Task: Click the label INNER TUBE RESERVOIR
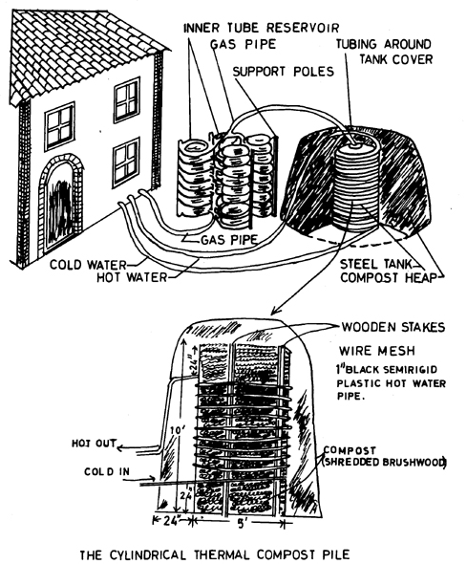pos(261,28)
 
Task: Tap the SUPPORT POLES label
pos(284,72)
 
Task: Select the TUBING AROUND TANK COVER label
pos(384,52)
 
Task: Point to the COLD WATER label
pos(88,265)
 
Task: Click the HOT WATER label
pos(132,277)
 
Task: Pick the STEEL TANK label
pos(375,265)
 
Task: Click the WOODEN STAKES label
pos(393,327)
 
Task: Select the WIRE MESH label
pos(377,351)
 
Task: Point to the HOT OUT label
pos(95,444)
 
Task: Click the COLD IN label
pos(107,471)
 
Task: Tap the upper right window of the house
pos(127,100)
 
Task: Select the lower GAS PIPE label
pos(229,239)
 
